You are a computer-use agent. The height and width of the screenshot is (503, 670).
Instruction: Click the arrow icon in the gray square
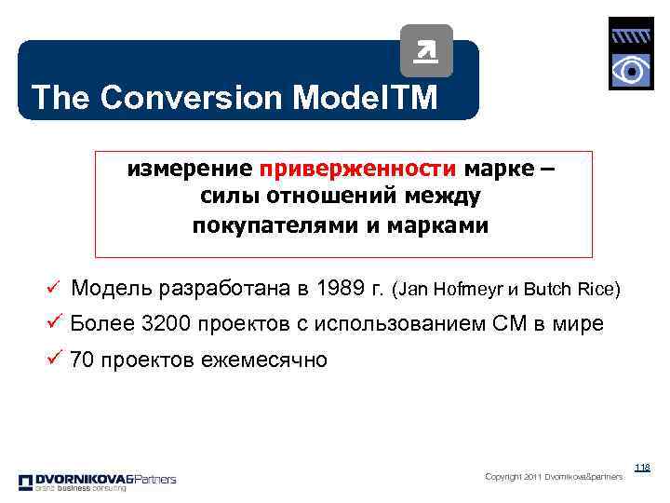(427, 51)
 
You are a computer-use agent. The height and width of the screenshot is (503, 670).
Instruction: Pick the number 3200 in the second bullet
(167, 324)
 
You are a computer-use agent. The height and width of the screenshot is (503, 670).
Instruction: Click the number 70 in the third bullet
(83, 360)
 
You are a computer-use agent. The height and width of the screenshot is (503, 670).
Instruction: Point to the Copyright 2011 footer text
(553, 477)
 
